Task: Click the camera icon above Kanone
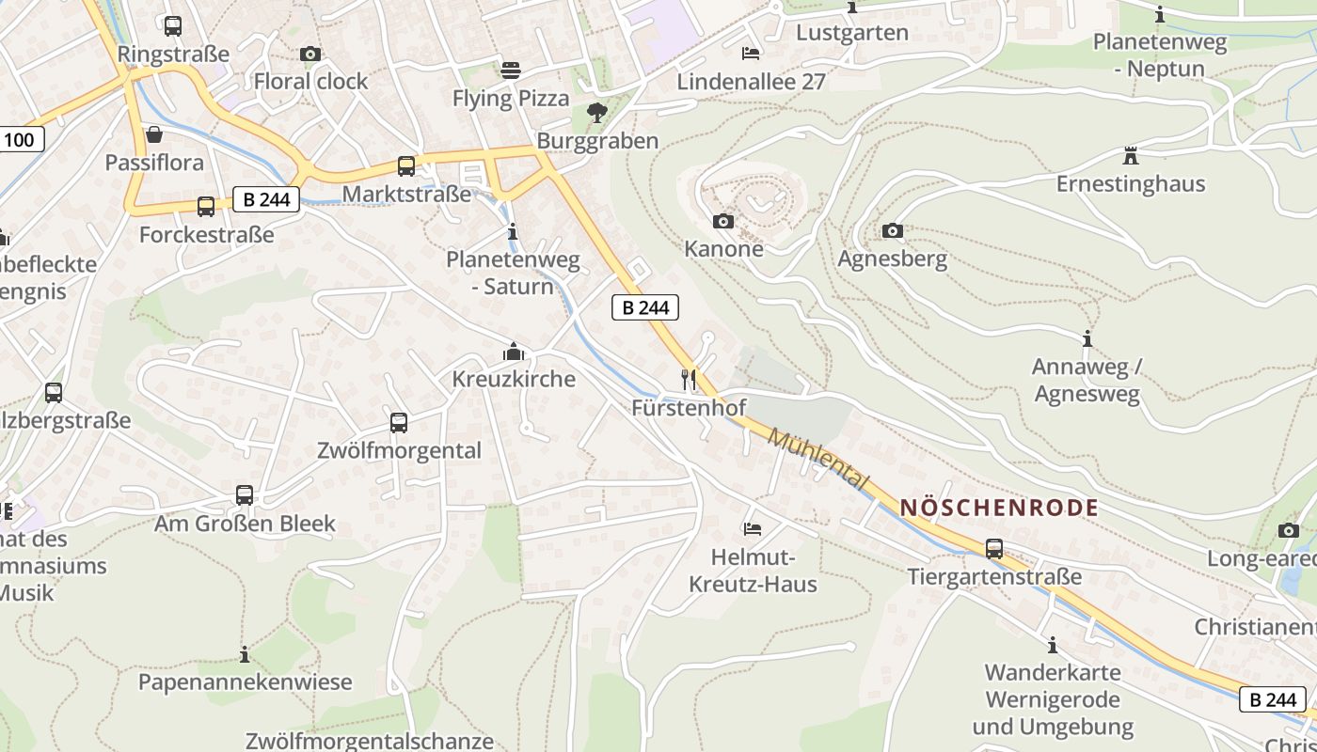[722, 221]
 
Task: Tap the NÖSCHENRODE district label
[999, 508]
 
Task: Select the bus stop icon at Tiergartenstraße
[993, 548]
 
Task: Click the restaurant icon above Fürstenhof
[689, 379]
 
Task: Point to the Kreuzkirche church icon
[513, 352]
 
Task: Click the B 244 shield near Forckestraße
[266, 199]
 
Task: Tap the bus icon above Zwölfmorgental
[399, 422]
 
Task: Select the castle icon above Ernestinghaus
[1130, 155]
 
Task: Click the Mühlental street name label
[817, 458]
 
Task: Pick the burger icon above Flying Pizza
[510, 70]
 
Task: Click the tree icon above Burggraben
[596, 113]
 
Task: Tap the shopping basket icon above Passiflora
[154, 134]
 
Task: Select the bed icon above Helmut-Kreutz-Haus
[752, 528]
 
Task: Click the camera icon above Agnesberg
[892, 230]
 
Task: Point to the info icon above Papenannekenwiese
[245, 653]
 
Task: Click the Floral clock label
[310, 82]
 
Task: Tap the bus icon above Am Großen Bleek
[245, 494]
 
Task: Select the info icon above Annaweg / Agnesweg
[1087, 338]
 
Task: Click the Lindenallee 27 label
[751, 82]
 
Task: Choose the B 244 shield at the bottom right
[1273, 699]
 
